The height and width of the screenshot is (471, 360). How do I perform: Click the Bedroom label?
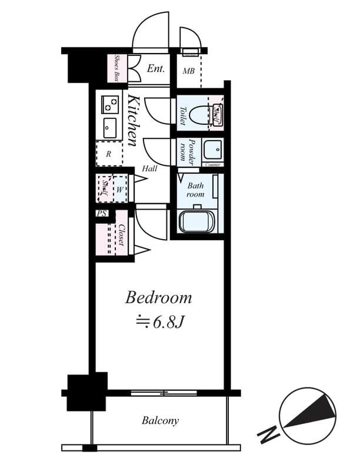[x=159, y=297]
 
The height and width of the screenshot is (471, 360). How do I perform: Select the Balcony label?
[x=159, y=421]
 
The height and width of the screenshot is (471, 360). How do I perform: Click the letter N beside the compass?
[x=268, y=436]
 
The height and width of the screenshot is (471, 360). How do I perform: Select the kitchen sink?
[x=110, y=128]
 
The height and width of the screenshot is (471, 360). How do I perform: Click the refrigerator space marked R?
[x=109, y=154]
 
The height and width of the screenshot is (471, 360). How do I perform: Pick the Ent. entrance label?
[x=156, y=69]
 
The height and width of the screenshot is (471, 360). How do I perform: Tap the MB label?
[x=188, y=72]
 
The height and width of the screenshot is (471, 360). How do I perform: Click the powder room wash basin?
[x=212, y=151]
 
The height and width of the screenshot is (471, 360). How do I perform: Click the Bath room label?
[x=195, y=190]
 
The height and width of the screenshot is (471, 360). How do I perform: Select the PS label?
[x=102, y=214]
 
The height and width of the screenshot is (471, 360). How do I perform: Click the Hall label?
[x=149, y=168]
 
